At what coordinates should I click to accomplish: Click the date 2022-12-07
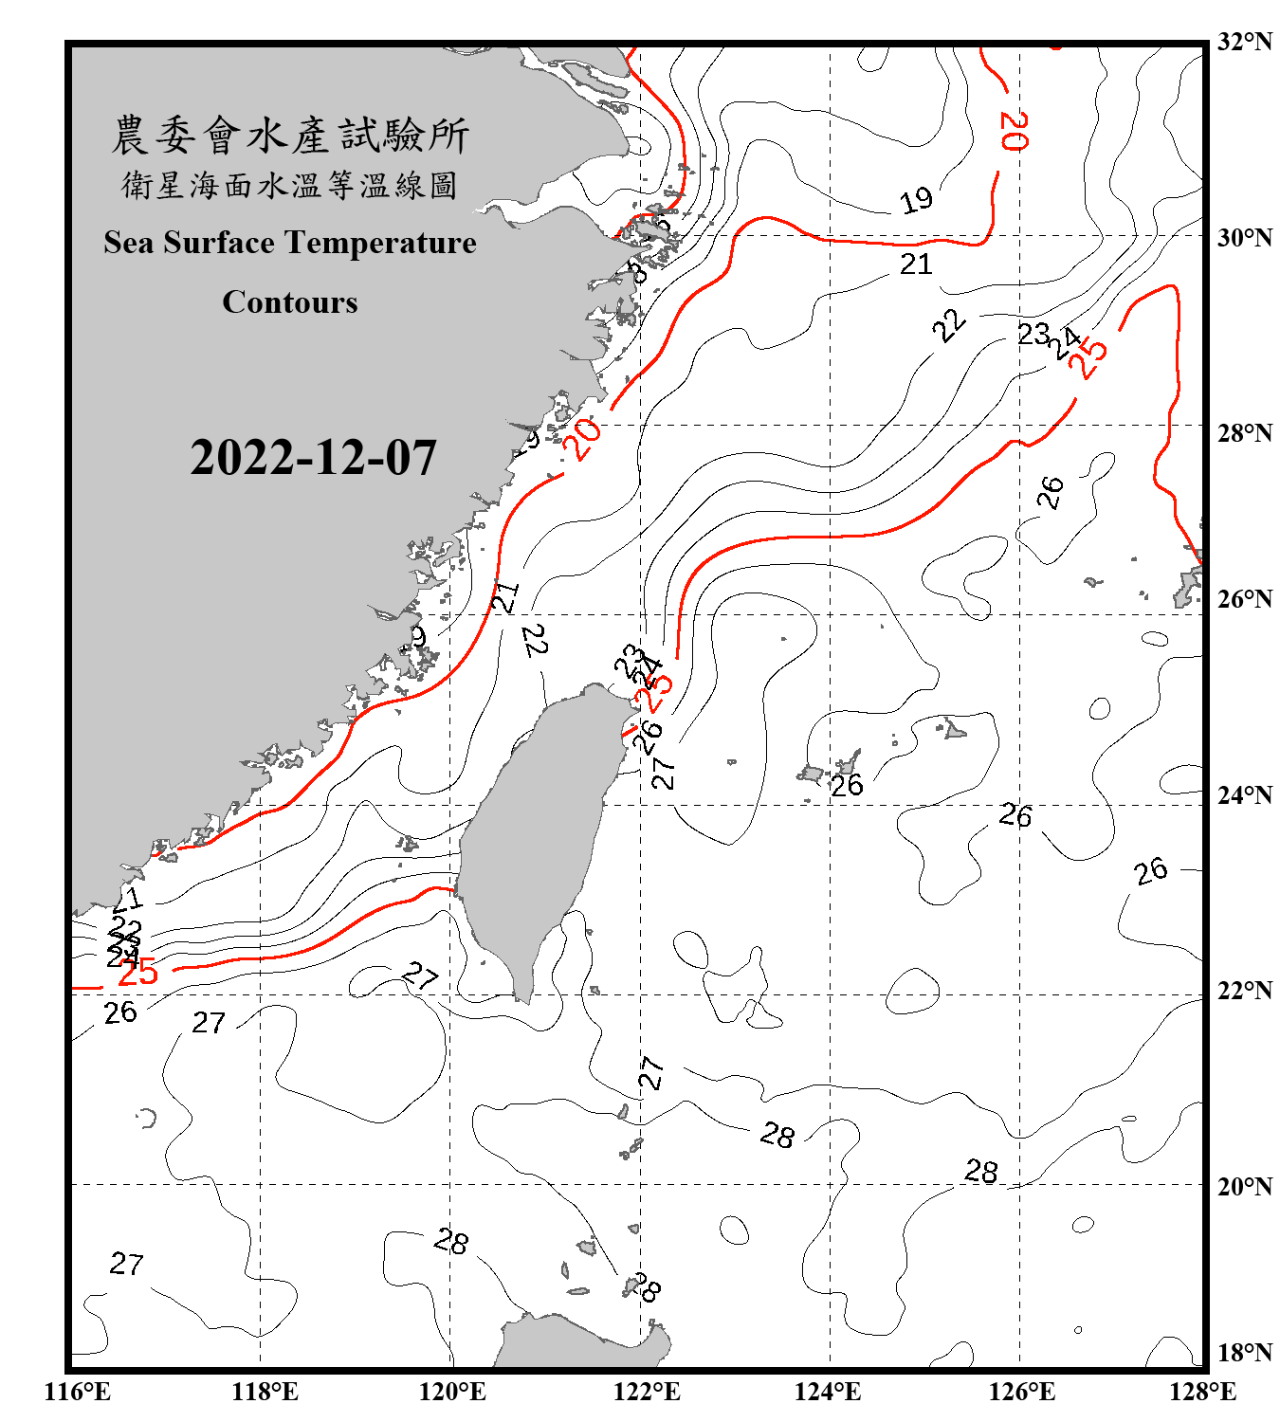tap(313, 457)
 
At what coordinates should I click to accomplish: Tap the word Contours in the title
tap(290, 301)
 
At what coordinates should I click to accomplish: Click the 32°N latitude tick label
tap(1244, 42)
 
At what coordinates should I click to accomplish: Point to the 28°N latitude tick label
tap(1244, 433)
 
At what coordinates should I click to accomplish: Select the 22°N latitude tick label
tap(1244, 991)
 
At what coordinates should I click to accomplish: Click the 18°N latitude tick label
tap(1244, 1352)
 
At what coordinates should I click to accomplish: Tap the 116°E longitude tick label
tap(78, 1392)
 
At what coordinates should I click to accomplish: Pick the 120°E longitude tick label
tap(452, 1392)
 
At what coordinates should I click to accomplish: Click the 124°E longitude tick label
tap(828, 1392)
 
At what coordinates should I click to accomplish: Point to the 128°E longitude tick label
tap(1202, 1392)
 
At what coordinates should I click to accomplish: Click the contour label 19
tap(916, 200)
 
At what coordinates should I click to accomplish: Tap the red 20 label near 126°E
tap(1013, 131)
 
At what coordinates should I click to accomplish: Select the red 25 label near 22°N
tap(138, 972)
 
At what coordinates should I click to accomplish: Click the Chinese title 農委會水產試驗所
tap(290, 135)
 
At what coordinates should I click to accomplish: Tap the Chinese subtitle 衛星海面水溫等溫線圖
tap(290, 185)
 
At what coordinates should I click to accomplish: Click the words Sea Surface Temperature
tap(290, 243)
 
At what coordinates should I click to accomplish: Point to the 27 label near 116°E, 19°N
tap(126, 1263)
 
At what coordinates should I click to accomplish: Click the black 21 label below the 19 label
tap(916, 264)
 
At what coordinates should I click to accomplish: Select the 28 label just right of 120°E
tap(452, 1241)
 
